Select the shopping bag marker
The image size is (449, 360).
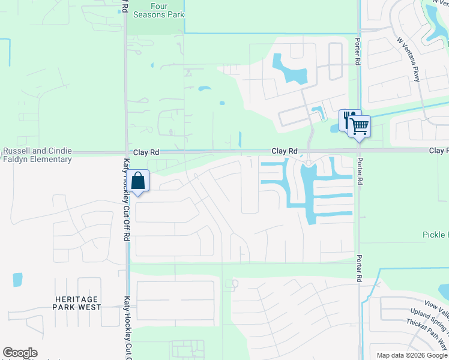tap(138, 181)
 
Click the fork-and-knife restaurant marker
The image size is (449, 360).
tap(348, 119)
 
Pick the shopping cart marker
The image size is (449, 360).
tap(359, 126)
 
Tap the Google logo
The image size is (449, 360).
tap(20, 353)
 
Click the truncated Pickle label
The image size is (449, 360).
tap(435, 235)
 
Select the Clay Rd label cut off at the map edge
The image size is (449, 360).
tap(438, 151)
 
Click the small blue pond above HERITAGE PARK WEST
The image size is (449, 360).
tap(17, 279)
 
